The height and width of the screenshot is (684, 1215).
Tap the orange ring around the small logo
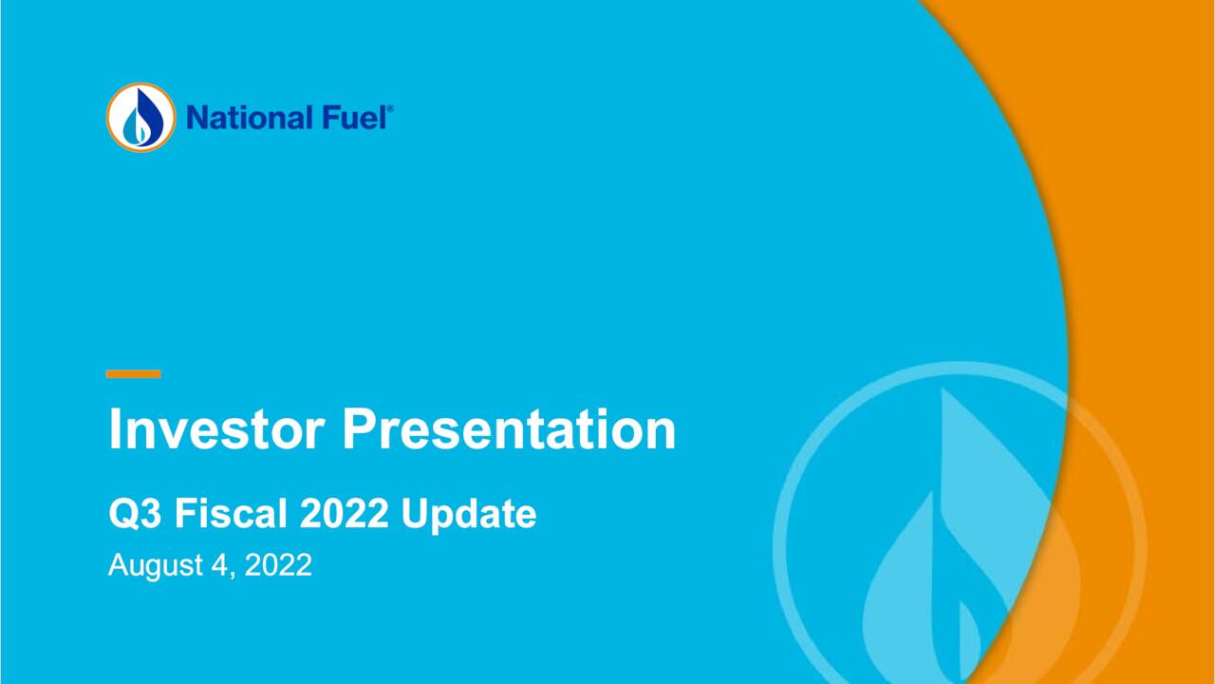click(x=111, y=118)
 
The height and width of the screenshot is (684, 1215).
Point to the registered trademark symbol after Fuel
click(x=389, y=110)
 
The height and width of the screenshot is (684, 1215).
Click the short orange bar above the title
click(x=133, y=374)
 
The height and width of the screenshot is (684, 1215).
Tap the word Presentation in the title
click(x=509, y=429)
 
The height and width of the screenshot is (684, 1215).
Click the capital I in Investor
click(x=116, y=429)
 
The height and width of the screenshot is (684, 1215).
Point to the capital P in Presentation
click(x=359, y=429)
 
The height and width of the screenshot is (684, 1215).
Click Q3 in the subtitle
click(x=134, y=514)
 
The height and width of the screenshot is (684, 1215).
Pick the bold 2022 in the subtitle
click(x=345, y=514)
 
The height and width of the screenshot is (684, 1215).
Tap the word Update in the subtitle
click(x=468, y=514)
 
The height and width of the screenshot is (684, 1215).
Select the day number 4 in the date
click(x=217, y=565)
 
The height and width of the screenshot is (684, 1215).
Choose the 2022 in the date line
click(x=278, y=565)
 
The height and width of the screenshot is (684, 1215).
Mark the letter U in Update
click(x=414, y=514)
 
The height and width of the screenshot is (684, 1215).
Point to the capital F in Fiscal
click(x=183, y=514)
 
